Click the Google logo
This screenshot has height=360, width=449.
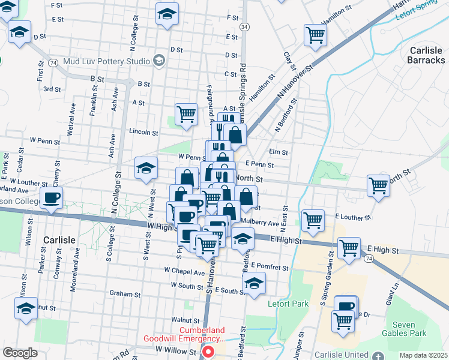coord(20,353)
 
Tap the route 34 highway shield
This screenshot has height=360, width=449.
coord(244,28)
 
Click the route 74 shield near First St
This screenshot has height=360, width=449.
coord(53,62)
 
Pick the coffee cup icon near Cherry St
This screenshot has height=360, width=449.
coord(51,198)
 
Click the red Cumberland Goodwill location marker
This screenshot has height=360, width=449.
coord(208,352)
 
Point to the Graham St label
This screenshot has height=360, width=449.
coord(125,294)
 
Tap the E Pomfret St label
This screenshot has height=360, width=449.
coord(270,265)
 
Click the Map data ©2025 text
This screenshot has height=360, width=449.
coord(423,355)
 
